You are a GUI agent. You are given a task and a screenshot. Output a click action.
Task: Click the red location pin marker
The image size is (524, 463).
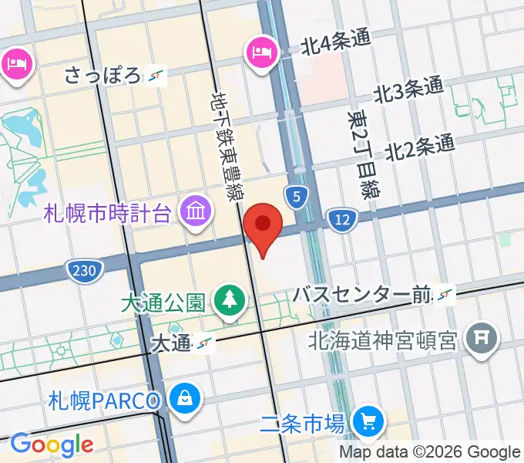[x=263, y=225]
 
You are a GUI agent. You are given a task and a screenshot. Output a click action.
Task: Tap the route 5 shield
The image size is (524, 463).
[x=296, y=197]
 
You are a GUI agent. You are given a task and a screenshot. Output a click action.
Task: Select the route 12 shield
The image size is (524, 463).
[x=340, y=221]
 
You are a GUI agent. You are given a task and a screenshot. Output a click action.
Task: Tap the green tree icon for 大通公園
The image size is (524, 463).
[x=229, y=298]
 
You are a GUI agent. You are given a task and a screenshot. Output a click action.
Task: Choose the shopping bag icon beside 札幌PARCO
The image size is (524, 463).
[x=186, y=399]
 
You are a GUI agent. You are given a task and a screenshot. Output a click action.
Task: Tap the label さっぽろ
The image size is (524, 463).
[x=103, y=76]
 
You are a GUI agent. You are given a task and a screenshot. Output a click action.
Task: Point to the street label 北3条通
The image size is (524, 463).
[x=409, y=91]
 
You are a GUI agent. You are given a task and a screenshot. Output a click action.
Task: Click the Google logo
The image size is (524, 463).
[x=51, y=445]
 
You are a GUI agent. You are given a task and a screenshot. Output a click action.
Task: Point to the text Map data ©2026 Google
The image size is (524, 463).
[x=430, y=452]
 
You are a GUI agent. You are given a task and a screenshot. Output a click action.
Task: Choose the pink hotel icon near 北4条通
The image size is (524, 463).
[x=259, y=52]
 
